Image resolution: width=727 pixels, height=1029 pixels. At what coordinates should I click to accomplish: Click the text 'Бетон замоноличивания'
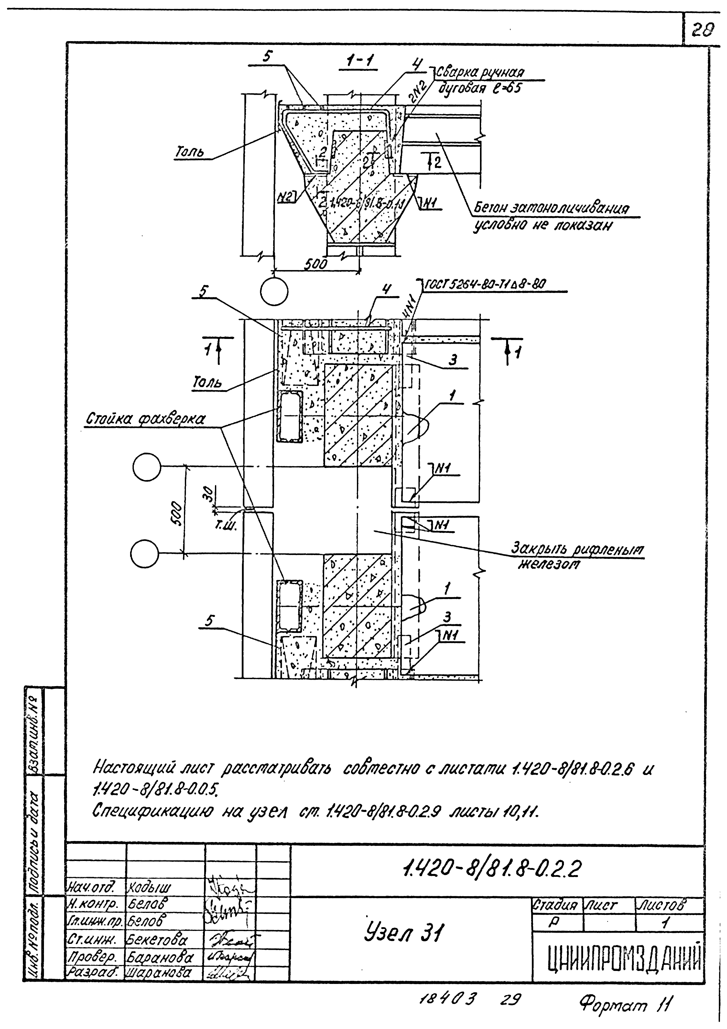click(551, 208)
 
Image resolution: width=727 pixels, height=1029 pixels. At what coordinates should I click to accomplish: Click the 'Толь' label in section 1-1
click(189, 152)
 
